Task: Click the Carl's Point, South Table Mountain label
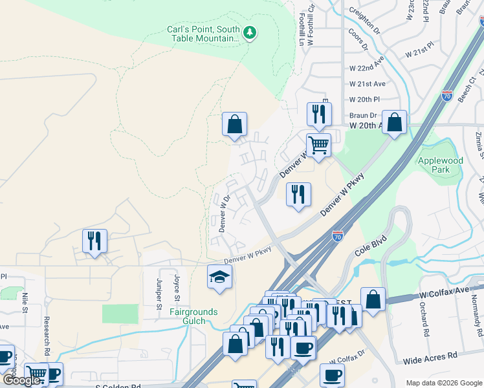coord(203,34)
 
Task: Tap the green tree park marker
coord(250,32)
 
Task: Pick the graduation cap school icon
coord(219,277)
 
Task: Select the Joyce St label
coord(176,288)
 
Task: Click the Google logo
coord(21,380)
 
